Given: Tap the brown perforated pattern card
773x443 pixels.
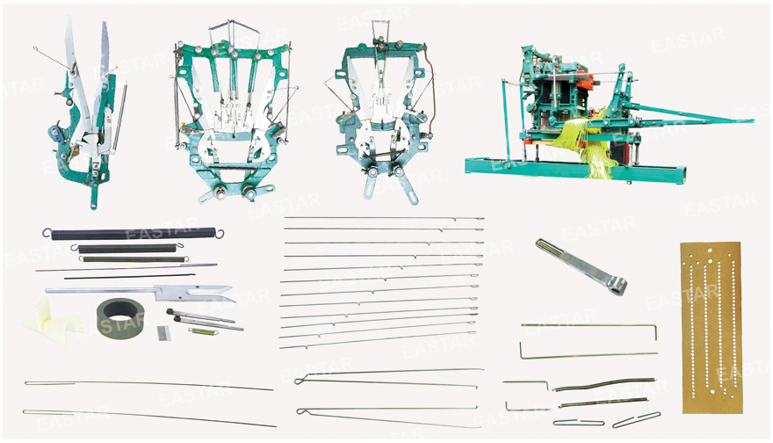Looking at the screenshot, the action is pos(712,328).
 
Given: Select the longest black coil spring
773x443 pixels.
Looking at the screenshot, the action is pos(134,233).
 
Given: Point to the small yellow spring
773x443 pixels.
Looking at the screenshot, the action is pos(204,331).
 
